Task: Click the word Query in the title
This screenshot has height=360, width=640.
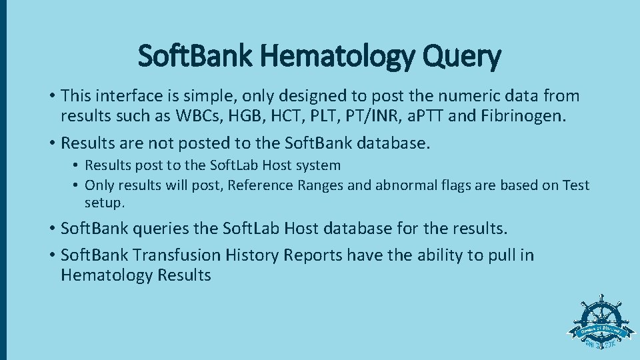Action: click(x=464, y=57)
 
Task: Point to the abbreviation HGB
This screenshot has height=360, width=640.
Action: click(x=241, y=117)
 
